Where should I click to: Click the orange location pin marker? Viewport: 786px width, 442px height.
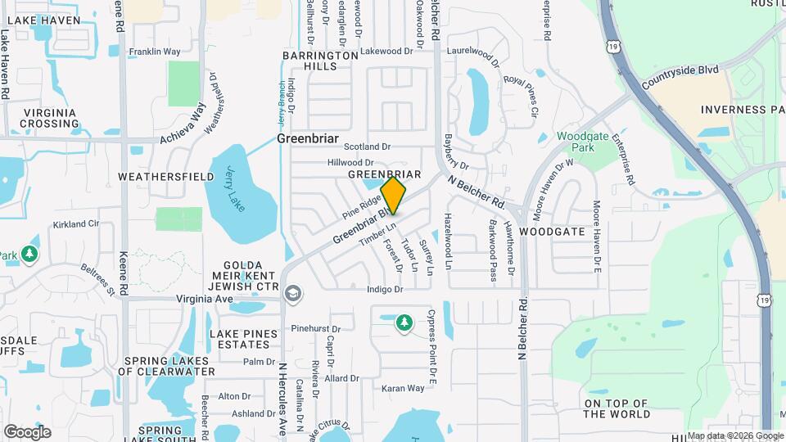coord(393,196)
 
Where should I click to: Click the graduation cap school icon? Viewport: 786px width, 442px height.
coord(292,293)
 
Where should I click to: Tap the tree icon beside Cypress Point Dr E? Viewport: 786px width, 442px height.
coord(404,323)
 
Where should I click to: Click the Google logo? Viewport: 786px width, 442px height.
coord(27,432)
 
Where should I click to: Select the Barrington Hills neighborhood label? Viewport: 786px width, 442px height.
coord(320,61)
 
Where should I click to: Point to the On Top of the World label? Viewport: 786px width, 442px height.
coord(617,408)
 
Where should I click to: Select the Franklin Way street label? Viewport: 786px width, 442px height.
coord(155,52)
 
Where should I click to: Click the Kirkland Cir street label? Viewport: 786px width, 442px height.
coord(75,223)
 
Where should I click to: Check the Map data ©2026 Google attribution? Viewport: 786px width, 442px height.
coord(734,435)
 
